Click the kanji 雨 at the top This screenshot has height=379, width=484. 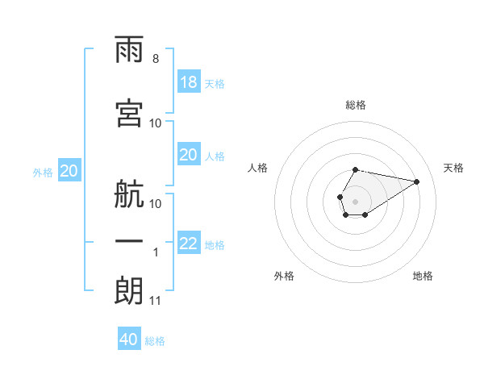tap(129, 49)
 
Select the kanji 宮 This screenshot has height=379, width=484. tap(129, 113)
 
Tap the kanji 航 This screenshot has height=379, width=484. tap(129, 194)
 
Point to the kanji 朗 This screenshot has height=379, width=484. tap(129, 291)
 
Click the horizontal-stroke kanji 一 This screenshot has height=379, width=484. tap(129, 241)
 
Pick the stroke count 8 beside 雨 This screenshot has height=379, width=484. tap(156, 59)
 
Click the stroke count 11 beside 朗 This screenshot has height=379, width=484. tap(155, 301)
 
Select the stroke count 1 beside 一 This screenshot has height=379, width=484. tap(156, 252)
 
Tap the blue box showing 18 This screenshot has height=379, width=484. tap(189, 81)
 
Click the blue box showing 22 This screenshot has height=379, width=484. tap(189, 242)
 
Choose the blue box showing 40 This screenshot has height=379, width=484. tap(129, 338)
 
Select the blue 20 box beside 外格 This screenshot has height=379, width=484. tap(69, 170)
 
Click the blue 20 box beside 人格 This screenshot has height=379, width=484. tap(189, 154)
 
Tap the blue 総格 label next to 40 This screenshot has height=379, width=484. tap(155, 341)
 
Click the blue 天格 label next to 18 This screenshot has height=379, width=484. tap(215, 84)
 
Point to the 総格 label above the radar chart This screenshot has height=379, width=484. tap(356, 105)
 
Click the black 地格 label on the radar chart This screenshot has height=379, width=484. tap(423, 276)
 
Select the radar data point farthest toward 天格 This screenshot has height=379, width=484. tap(416, 181)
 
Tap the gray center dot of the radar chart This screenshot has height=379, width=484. tap(355, 202)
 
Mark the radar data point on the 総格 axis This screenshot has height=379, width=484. tap(355, 170)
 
